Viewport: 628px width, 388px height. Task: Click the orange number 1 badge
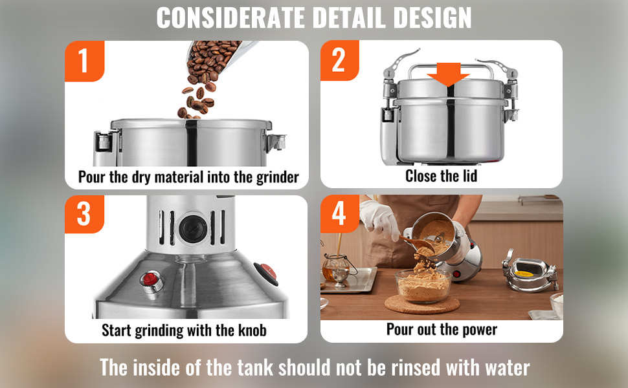pyautogui.click(x=85, y=61)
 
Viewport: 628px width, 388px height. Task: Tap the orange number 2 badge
pyautogui.click(x=340, y=60)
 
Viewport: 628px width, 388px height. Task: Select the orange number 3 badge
pyautogui.click(x=85, y=214)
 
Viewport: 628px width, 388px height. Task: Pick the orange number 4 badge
pyautogui.click(x=340, y=213)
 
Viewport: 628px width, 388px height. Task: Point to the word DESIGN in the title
pyautogui.click(x=432, y=17)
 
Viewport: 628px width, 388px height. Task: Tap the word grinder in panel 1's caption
pyautogui.click(x=278, y=177)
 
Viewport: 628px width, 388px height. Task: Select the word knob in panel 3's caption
pyautogui.click(x=252, y=330)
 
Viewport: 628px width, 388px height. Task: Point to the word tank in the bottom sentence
pyautogui.click(x=254, y=367)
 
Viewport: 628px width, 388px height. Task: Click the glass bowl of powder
pyautogui.click(x=423, y=285)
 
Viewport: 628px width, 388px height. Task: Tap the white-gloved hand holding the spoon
pyautogui.click(x=379, y=219)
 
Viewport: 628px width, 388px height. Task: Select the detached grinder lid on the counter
pyautogui.click(x=530, y=272)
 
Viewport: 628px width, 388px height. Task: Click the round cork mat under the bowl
pyautogui.click(x=422, y=304)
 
